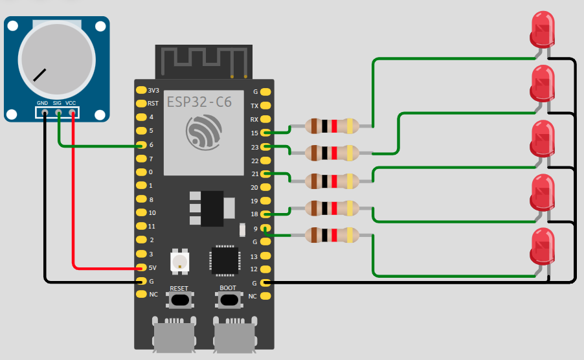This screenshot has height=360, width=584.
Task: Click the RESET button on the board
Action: pyautogui.click(x=179, y=299)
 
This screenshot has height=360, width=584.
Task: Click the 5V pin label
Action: pyautogui.click(x=153, y=267)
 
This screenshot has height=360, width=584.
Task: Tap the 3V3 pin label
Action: pyautogui.click(x=153, y=90)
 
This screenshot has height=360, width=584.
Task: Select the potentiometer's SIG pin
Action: pyautogui.click(x=58, y=113)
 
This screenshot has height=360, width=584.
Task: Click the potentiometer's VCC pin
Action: pyautogui.click(x=72, y=113)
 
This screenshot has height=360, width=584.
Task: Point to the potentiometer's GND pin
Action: pyautogui.click(x=43, y=113)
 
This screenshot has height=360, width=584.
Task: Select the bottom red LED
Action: pyautogui.click(x=543, y=245)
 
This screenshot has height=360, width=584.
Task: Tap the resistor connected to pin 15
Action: pyautogui.click(x=332, y=126)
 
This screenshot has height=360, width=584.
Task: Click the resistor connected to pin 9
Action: pyautogui.click(x=332, y=236)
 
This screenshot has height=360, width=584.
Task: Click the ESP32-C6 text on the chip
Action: pyautogui.click(x=199, y=102)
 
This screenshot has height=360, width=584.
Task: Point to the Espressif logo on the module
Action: pyautogui.click(x=203, y=132)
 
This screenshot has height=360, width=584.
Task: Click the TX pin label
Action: pyautogui.click(x=254, y=105)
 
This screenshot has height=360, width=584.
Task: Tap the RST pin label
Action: pyautogui.click(x=153, y=103)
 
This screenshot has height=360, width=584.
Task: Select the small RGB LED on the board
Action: pyautogui.click(x=179, y=262)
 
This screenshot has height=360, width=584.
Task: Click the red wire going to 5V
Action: pyautogui.click(x=73, y=194)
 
